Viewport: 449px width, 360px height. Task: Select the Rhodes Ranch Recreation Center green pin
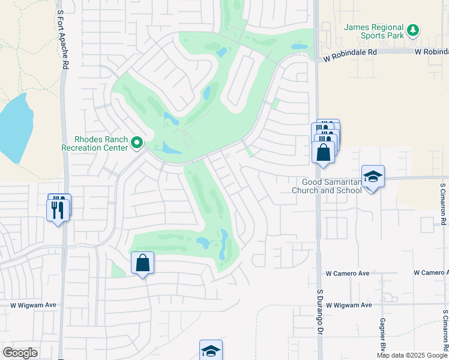(137, 143)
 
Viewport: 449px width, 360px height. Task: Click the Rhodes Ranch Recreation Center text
(94, 143)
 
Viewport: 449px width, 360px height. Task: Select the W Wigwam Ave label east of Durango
(349, 305)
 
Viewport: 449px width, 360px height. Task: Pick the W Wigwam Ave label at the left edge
(33, 305)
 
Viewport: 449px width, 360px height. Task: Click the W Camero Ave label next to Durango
(348, 273)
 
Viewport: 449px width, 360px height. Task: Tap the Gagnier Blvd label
(382, 335)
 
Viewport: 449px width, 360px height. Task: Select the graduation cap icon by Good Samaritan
(373, 176)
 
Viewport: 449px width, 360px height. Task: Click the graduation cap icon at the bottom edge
(211, 350)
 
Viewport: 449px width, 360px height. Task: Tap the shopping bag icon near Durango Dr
(323, 152)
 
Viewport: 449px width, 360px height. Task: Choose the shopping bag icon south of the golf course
(142, 263)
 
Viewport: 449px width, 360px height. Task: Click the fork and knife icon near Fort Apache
(58, 209)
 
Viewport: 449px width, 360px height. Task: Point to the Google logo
(20, 353)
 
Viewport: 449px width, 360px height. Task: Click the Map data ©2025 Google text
(412, 355)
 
